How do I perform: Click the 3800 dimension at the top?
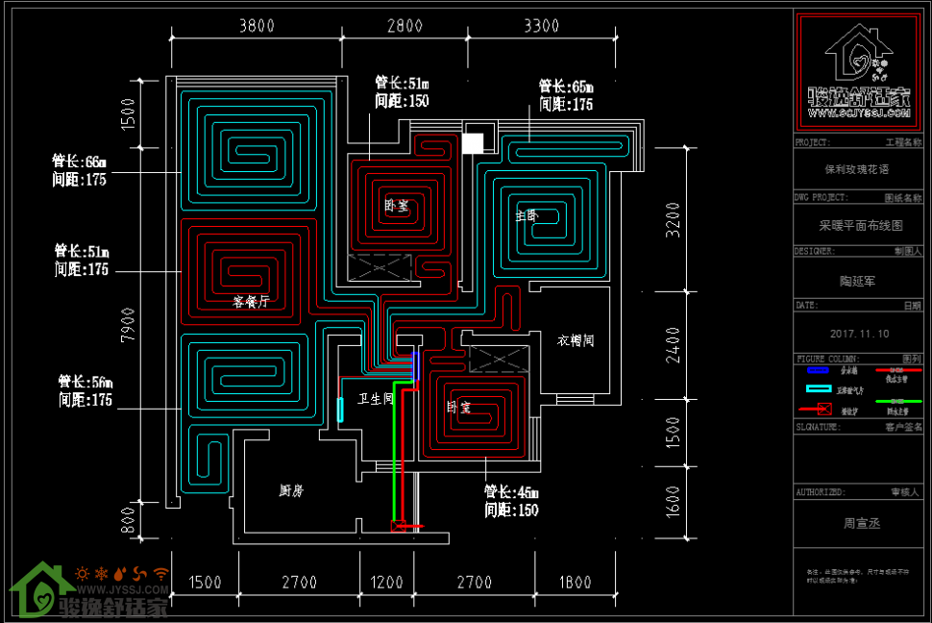(x=257, y=26)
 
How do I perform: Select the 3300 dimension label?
(x=542, y=26)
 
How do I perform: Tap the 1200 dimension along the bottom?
(x=387, y=582)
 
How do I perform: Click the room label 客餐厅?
(x=251, y=301)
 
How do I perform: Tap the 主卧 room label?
(x=527, y=215)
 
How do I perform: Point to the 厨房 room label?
(x=291, y=490)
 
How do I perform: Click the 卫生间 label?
(x=376, y=397)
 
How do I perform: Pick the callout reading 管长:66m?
(x=80, y=161)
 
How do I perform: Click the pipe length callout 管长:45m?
(x=511, y=492)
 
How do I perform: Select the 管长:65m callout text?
(x=565, y=87)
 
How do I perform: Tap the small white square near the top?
(x=473, y=143)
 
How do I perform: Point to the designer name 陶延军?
(x=857, y=281)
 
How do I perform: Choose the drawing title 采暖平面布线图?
(x=860, y=226)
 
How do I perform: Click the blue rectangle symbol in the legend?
(x=818, y=369)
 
